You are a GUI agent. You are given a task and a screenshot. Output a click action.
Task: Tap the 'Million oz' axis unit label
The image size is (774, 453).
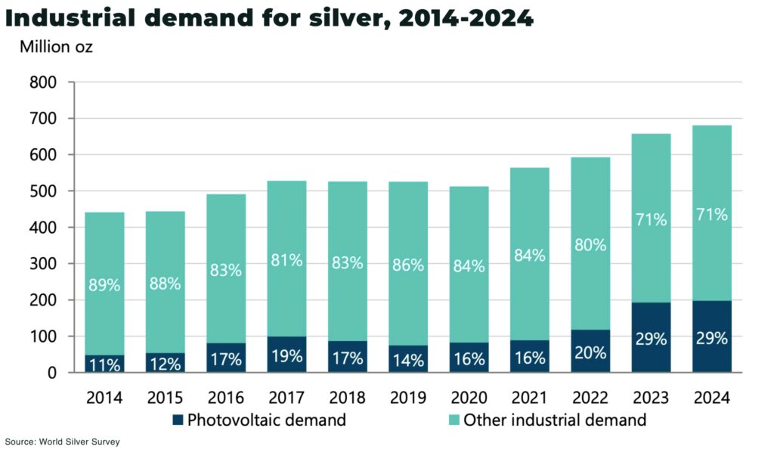tap(56, 48)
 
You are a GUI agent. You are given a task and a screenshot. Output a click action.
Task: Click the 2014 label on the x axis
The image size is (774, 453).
tap(104, 398)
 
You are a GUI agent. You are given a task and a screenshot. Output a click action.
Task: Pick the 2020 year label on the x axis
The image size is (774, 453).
tap(469, 398)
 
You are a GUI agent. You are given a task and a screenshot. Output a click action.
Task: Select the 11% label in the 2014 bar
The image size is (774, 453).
tap(104, 364)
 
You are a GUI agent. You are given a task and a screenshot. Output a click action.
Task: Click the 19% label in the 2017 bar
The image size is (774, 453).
tap(286, 356)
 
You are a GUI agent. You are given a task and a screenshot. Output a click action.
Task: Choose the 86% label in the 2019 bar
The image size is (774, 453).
tap(408, 265)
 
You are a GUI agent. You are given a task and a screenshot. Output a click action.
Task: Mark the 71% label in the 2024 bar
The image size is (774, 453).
tap(712, 215)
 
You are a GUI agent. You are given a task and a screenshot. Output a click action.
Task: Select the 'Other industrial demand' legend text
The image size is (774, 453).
tap(555, 420)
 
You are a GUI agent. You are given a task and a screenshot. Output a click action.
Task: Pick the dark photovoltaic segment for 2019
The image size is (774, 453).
tap(408, 360)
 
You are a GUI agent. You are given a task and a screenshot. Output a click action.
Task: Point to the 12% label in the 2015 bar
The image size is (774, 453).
tap(165, 364)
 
